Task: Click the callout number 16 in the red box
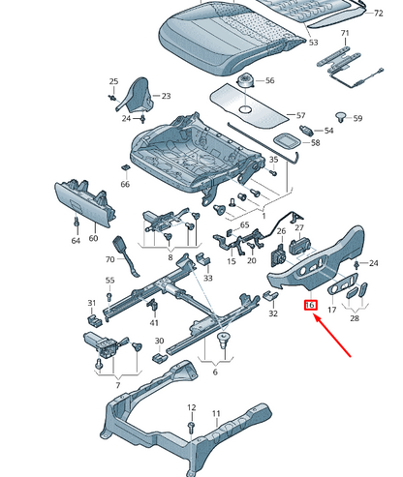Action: pyautogui.click(x=311, y=307)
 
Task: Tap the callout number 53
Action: pyautogui.click(x=312, y=44)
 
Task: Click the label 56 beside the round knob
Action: pyautogui.click(x=269, y=81)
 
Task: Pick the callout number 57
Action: pyautogui.click(x=300, y=115)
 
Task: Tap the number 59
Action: pyautogui.click(x=356, y=119)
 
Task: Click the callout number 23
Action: pyautogui.click(x=165, y=97)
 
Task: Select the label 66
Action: pyautogui.click(x=125, y=184)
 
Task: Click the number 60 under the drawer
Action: pyautogui.click(x=94, y=238)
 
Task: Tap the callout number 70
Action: pyautogui.click(x=109, y=259)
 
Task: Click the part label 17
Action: pyautogui.click(x=331, y=311)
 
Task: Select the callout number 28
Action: pyautogui.click(x=355, y=318)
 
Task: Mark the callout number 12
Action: pyautogui.click(x=191, y=407)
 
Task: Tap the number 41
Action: pyautogui.click(x=153, y=323)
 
